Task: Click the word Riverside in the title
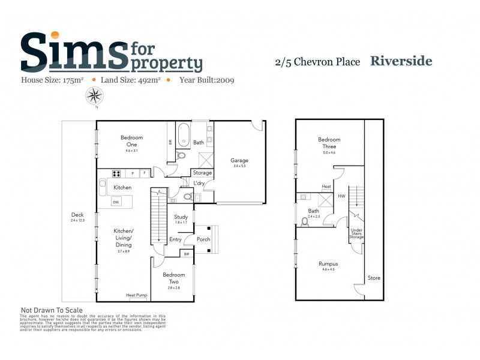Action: [401, 61]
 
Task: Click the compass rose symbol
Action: [94, 95]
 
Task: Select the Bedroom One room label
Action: [131, 141]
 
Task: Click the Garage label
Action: [239, 160]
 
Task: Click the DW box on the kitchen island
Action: [115, 202]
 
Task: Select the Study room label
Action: [181, 217]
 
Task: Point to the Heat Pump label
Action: [137, 295]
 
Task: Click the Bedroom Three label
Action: [329, 143]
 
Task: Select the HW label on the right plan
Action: [341, 196]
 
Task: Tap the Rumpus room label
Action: [328, 263]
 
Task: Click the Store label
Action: [374, 278]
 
